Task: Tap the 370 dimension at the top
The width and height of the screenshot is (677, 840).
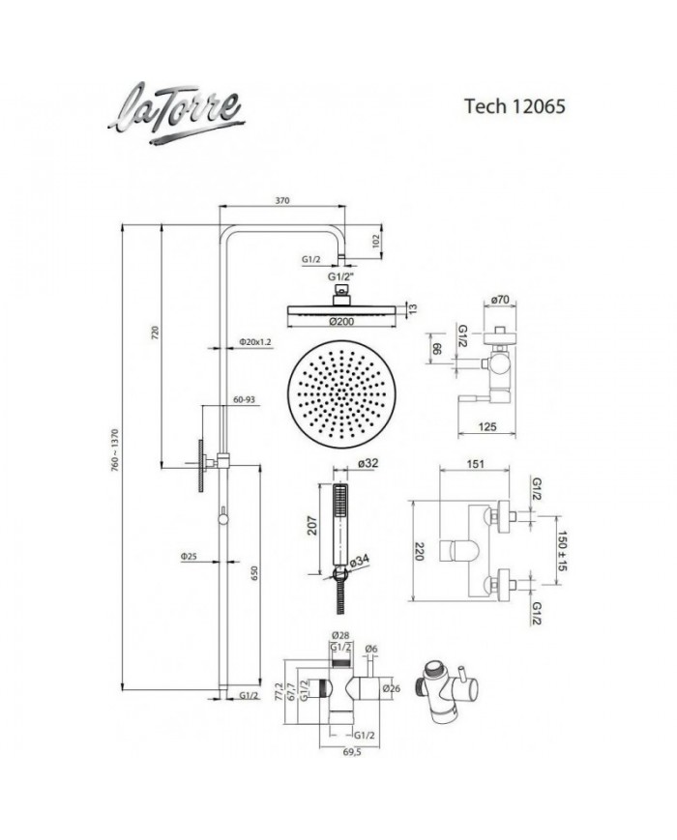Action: (x=282, y=201)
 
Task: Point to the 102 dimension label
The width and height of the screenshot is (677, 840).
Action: (x=377, y=243)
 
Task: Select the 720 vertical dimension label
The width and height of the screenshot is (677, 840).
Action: (x=155, y=333)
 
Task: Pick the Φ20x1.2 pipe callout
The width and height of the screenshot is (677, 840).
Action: (x=252, y=343)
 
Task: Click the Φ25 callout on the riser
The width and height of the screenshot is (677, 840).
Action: (x=189, y=558)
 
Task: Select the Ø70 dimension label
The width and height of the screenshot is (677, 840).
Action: (x=500, y=301)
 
